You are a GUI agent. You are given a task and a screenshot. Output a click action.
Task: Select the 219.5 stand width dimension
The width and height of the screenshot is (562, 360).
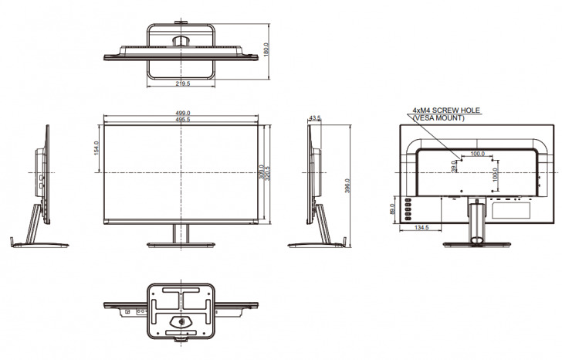(x=183, y=83)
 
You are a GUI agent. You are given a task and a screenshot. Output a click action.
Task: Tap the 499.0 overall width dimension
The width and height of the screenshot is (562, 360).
(x=183, y=114)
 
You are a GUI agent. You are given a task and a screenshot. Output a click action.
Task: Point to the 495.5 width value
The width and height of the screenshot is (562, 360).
(x=183, y=120)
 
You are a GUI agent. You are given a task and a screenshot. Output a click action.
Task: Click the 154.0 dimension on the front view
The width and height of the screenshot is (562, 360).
(x=96, y=147)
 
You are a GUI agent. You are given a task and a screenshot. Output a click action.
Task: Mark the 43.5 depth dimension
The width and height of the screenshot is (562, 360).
(x=314, y=118)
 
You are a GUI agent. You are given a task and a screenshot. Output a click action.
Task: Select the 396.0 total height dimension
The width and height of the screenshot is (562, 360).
(x=347, y=186)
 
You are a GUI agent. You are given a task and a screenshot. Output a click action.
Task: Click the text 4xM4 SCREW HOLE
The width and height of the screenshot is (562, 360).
(x=446, y=110)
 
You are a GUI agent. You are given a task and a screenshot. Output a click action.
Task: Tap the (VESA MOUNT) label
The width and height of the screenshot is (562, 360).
(x=438, y=118)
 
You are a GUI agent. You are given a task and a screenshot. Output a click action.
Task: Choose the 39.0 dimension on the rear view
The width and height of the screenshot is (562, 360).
(x=454, y=165)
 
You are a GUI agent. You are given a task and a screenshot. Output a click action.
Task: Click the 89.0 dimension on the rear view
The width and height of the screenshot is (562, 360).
(x=393, y=209)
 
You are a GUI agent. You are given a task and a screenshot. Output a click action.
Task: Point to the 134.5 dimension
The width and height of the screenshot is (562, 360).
(x=421, y=228)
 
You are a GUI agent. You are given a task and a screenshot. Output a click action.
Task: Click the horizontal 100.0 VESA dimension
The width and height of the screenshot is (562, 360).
(x=477, y=154)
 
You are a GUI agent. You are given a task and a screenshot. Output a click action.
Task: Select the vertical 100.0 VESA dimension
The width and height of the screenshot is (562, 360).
(x=494, y=176)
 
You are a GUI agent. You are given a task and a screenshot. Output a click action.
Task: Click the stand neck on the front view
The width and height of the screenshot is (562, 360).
(x=181, y=233)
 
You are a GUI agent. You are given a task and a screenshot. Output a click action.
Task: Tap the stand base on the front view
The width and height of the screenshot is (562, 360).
(x=181, y=245)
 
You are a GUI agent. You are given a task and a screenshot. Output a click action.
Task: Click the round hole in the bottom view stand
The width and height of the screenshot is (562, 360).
(x=182, y=321)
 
